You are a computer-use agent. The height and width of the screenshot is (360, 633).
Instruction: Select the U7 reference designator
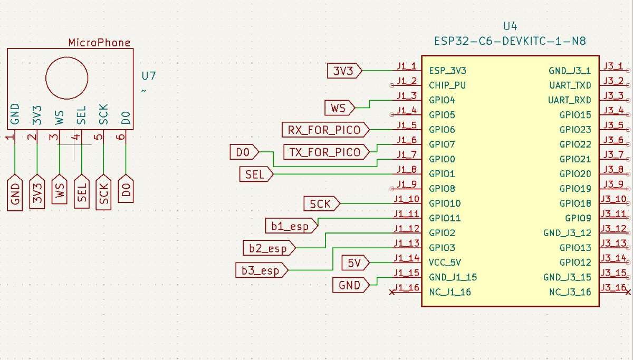coord(149,76)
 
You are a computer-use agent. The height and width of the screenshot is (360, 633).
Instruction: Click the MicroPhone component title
coord(99,43)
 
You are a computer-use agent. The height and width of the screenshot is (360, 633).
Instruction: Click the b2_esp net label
coord(268,247)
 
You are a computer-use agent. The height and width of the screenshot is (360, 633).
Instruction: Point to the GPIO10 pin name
coord(445,203)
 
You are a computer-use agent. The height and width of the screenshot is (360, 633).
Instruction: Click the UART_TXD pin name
coord(570,85)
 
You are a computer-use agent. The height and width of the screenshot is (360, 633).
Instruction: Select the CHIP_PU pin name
coord(447,85)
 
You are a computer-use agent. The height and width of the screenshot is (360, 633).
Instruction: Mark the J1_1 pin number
coord(407,66)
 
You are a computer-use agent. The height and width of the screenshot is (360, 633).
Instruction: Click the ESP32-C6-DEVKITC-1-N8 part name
coord(510,41)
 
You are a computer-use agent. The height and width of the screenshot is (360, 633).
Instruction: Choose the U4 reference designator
coord(510,26)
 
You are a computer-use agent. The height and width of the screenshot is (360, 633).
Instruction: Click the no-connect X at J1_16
coord(391,291)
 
